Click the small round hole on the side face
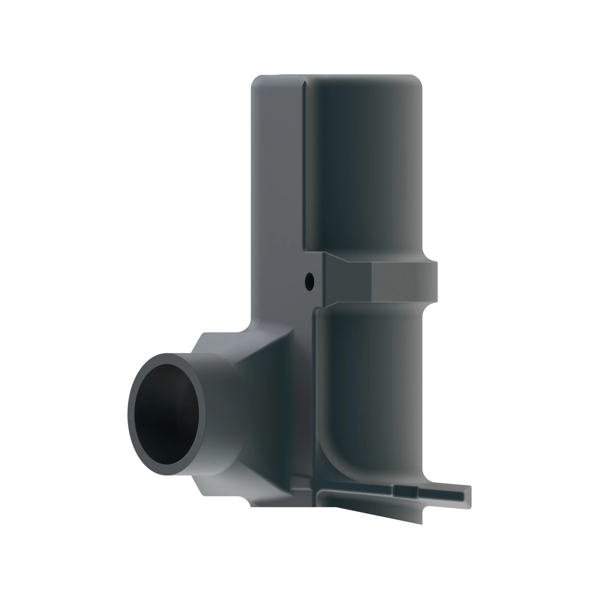click(309, 281)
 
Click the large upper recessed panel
click(363, 161)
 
